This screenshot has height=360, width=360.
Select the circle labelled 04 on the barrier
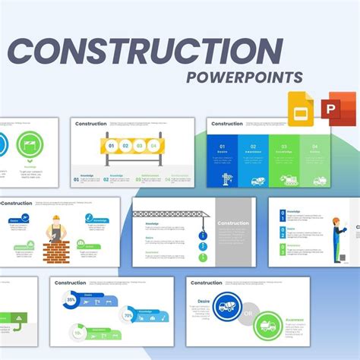coord(155,145)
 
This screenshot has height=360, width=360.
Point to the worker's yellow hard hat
coord(55,220)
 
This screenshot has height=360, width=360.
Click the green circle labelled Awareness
coord(267,326)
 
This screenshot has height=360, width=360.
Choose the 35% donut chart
coord(71,301)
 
